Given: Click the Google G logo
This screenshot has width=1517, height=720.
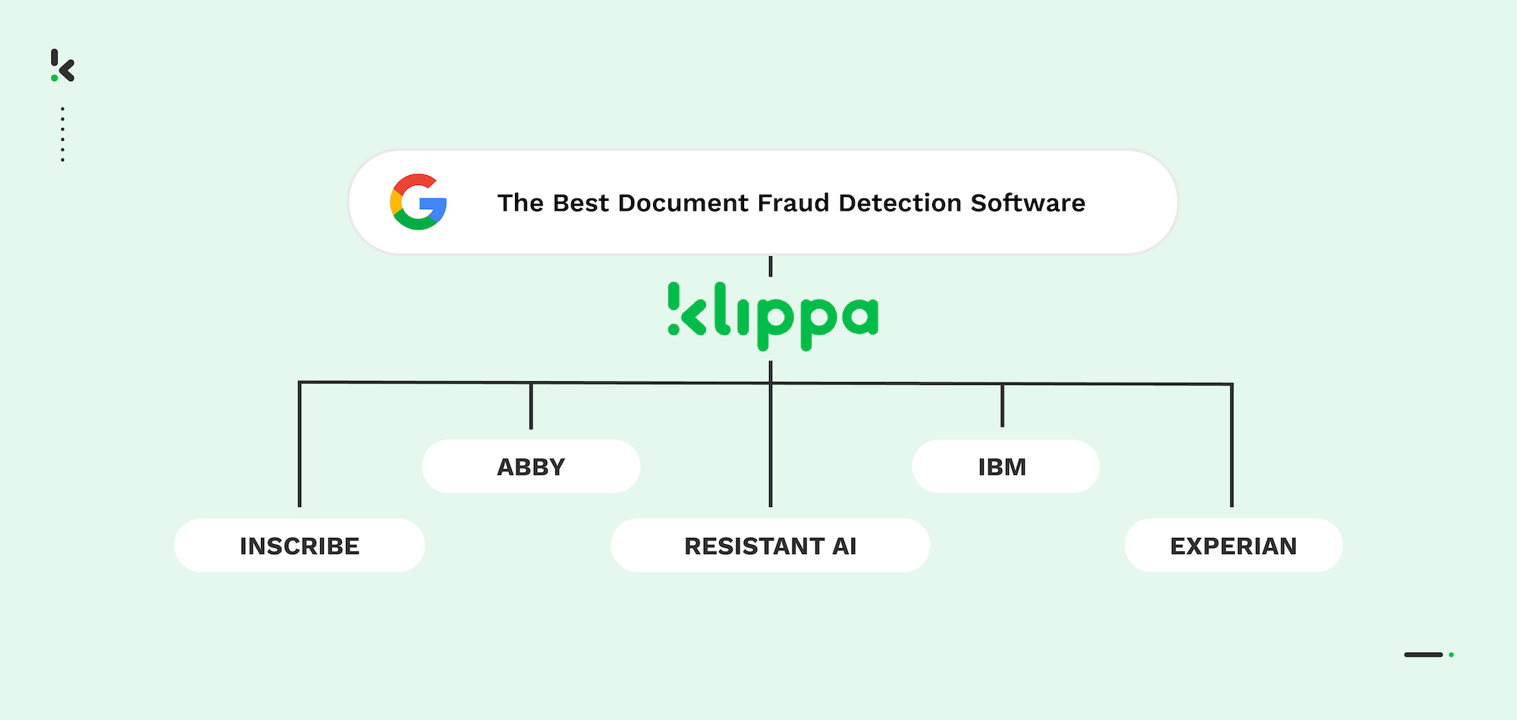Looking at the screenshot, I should pos(418,202).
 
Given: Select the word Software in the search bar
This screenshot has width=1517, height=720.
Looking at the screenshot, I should pos(1028,203).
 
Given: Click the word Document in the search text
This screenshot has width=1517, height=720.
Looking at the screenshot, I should pos(683,203).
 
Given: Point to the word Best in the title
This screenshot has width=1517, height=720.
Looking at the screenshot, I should pos(580,203).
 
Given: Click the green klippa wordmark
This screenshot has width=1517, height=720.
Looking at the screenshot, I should pos(773,315).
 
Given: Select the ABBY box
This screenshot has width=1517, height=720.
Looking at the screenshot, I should pos(531,467).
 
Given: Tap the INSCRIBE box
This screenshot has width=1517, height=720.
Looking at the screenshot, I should pos(300,546).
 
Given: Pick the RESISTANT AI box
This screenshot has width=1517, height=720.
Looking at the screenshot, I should pos(770,546).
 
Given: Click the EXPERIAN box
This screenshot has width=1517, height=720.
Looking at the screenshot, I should pos(1233,546).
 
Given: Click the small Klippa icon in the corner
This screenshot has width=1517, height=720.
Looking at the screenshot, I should pos(63,66).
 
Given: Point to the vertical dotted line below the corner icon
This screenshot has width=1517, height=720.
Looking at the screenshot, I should pos(62,134).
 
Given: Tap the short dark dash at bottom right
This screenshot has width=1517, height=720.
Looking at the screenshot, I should pos(1423,655).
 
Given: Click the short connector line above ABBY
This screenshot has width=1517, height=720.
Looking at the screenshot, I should pos(531,407).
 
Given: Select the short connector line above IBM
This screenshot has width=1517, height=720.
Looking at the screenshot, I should pos(1002,406).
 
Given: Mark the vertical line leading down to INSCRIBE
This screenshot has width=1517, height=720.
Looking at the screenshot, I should pos(300,447).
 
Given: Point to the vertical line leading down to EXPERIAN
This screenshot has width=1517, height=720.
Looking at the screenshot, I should pos(1232,447).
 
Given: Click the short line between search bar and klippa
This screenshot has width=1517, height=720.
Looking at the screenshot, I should pos(771,267).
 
